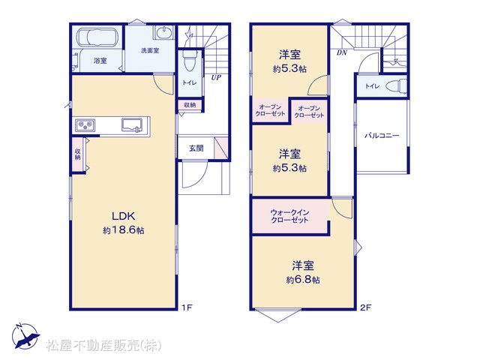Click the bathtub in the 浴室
tap(97, 37)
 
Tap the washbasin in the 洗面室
tap(164, 32)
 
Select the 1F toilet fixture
tap(190, 61)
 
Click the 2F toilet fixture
tap(396, 86)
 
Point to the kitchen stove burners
tap(85, 125)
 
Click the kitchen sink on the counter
tap(132, 125)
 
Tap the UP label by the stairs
tap(216, 78)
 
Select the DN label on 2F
tap(342, 52)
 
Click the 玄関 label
tap(196, 148)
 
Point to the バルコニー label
tap(382, 135)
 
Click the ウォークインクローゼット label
tap(289, 216)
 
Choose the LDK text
tap(123, 216)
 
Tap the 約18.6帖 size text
tap(123, 230)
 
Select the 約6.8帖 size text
tap(303, 280)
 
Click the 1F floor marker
tap(187, 307)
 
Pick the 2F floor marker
tap(365, 307)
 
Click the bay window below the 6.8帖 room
tap(277, 316)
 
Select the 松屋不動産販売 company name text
tap(103, 346)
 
